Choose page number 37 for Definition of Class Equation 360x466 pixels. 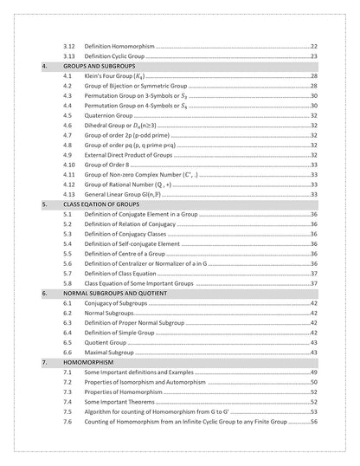coord(314,273)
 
